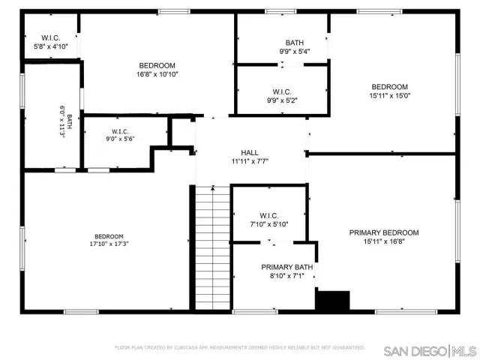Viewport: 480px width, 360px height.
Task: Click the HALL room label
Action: tap(250, 151)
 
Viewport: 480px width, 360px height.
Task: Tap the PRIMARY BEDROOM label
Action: tap(383, 232)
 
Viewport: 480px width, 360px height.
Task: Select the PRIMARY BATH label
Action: tap(286, 267)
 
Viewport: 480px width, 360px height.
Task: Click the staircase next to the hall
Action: tap(211, 247)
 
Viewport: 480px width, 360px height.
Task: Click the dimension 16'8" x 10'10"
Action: tap(157, 74)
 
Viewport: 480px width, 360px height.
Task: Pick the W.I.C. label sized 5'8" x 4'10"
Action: tap(51, 37)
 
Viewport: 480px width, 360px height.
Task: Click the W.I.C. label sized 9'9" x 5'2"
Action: tap(283, 91)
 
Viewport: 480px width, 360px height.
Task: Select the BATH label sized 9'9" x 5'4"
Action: tap(294, 42)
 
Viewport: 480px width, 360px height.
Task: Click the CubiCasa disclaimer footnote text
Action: tap(239, 347)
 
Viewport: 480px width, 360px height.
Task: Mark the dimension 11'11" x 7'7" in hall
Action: tap(250, 160)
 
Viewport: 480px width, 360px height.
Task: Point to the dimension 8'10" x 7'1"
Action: tap(286, 277)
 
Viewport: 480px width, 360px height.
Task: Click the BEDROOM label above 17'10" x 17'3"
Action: tap(109, 235)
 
